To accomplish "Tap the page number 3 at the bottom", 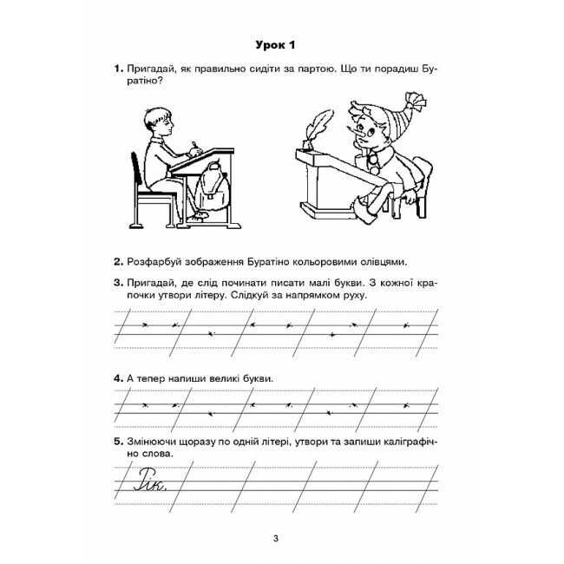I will (275, 541).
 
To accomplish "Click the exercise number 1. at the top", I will (118, 69).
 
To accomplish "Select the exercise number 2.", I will (118, 261).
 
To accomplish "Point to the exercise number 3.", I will (118, 282).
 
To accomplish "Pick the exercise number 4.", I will (118, 379).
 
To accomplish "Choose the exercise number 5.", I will (118, 443).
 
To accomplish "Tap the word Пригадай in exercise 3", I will (154, 282).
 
